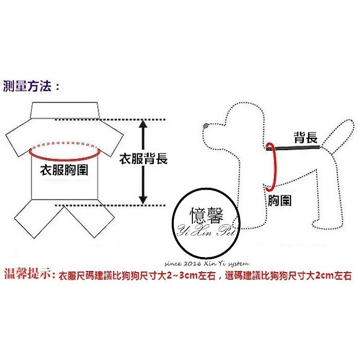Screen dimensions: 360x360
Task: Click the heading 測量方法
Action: coord(27,86)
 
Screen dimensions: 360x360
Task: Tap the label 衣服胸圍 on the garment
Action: coord(64,170)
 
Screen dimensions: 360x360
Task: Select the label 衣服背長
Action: coord(143,158)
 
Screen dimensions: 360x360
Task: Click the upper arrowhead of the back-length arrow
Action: coord(143,124)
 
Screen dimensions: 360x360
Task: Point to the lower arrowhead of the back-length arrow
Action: coord(143,200)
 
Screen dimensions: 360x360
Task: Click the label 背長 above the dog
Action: coord(306,137)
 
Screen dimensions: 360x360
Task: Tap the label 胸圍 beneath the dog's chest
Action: coord(279,200)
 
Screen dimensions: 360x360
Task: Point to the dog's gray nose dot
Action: coord(206,125)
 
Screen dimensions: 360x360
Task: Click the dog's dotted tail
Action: coord(337,135)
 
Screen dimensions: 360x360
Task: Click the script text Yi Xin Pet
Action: coord(207,230)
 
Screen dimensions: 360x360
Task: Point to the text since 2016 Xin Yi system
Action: coord(207,263)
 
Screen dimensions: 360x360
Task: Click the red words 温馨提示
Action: coord(28,274)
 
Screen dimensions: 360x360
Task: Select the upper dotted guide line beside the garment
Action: coord(110,120)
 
